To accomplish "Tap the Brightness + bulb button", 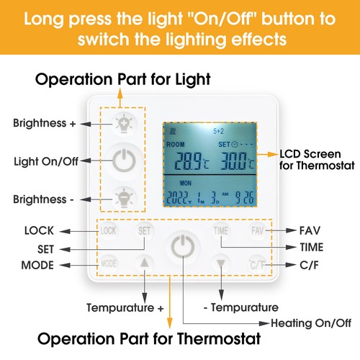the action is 124,124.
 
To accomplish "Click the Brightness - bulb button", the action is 124,199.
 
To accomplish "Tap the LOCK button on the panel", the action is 108,231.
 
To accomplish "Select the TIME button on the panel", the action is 221,231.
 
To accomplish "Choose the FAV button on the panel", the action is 258,231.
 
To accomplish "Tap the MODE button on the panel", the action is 109,264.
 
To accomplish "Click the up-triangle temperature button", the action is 144,264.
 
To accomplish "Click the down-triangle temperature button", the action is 221,264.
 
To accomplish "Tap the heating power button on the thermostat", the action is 183,246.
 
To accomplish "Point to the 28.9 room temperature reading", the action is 192,161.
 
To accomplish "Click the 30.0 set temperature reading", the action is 237,161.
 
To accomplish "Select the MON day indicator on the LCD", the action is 186,184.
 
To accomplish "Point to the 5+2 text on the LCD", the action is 218,131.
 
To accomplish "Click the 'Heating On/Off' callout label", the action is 311,323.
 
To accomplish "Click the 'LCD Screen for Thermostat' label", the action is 317,160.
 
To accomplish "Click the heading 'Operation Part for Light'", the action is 122,79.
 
